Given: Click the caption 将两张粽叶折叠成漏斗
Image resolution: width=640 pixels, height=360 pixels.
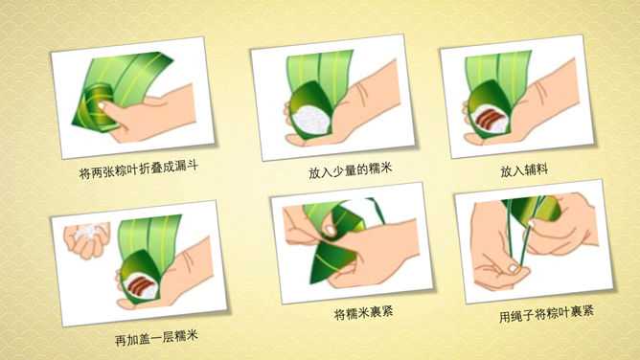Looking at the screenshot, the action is point(139,170).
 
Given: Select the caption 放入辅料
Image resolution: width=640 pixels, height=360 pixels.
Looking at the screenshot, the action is point(524,170).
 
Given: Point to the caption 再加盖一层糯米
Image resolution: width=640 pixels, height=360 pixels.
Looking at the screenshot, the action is point(156,338).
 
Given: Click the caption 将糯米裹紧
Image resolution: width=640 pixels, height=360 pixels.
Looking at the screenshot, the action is point(364,313).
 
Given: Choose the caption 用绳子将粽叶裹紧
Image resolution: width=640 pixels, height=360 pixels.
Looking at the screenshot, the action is point(546,314).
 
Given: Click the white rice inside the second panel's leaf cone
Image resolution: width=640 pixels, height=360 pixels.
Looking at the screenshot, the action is point(311,122).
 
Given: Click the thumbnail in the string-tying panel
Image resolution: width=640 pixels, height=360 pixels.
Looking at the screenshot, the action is point(513,268).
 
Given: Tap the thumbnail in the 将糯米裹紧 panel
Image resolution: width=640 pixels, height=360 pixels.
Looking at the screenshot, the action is point(331,231).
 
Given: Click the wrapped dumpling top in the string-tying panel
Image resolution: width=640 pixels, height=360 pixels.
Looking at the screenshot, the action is point(536,209).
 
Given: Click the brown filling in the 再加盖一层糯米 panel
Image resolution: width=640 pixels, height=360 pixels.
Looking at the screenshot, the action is point(139,282).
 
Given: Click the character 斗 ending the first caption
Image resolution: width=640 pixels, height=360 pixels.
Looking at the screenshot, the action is point(192,166).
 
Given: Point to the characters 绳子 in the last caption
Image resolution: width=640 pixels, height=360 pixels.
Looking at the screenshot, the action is point(528,315).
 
